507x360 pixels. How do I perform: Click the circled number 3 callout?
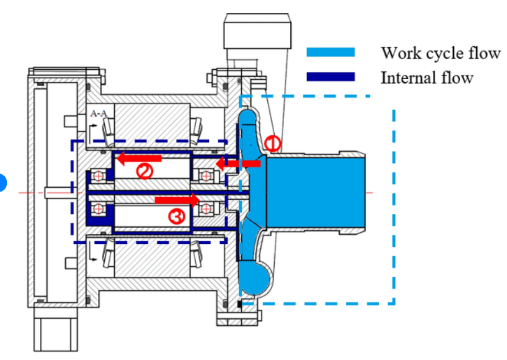(177, 217)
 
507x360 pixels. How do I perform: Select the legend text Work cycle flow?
(440, 53)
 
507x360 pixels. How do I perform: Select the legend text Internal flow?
(427, 77)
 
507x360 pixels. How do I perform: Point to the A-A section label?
(99, 113)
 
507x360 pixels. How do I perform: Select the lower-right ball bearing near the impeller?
(208, 207)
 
